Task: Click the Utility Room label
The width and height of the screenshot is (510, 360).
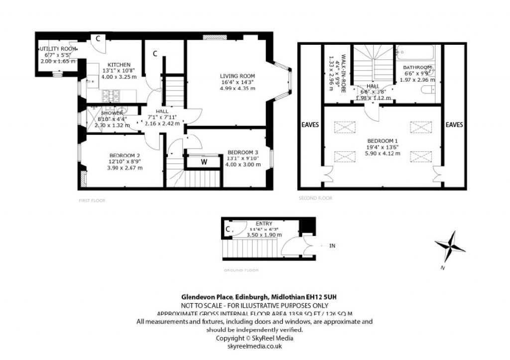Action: point(59,49)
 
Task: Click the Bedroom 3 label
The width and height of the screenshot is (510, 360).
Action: point(243,152)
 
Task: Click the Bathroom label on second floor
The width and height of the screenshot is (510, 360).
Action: point(417,67)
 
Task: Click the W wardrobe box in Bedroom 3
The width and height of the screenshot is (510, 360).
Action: point(204,161)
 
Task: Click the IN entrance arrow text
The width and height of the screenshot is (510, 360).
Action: point(332,245)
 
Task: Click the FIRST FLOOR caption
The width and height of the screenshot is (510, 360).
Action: point(92,200)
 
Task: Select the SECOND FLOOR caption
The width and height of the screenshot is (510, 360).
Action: point(315,198)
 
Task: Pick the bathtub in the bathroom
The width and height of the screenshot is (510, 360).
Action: point(415,52)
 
